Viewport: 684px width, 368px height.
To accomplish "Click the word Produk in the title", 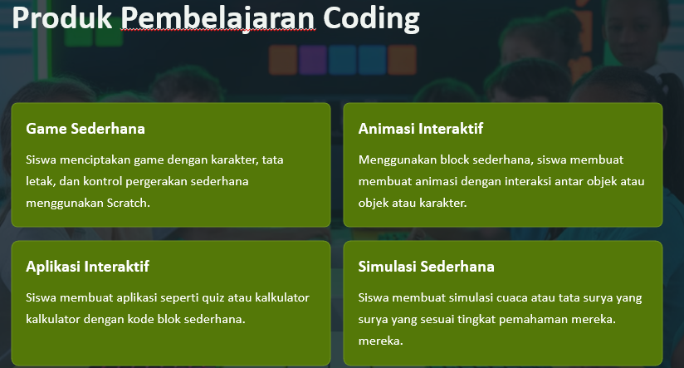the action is (62, 18).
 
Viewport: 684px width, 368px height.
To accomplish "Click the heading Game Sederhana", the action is (85, 128).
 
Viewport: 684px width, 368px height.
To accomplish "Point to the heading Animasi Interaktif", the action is (421, 128).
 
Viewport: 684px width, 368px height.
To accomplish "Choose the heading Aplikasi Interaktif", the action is (87, 267).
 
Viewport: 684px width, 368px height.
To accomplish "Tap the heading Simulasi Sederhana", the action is (426, 267).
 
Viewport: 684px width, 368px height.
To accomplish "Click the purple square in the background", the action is (313, 60).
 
